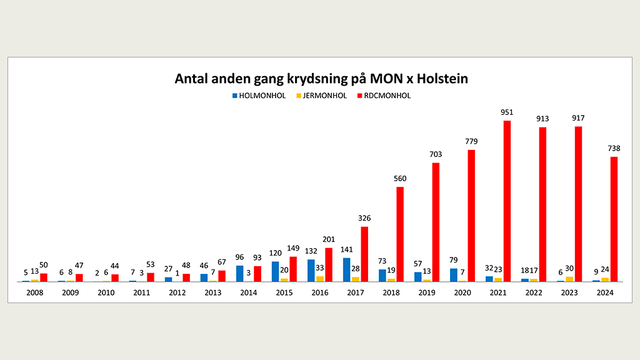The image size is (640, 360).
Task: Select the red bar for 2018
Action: coord(400,234)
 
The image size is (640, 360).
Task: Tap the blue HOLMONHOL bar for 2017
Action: coord(346,269)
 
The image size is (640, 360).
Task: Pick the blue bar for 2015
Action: coord(275,271)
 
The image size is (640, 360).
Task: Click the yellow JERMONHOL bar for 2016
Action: coord(320,279)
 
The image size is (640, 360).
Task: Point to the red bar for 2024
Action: coord(614,219)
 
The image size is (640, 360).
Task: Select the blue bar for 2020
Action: coord(453,275)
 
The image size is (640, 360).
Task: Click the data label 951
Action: coord(506,112)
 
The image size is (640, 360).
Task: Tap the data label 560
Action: coord(400,179)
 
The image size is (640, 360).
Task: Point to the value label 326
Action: coord(364,218)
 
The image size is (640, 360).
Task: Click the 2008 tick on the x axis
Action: coord(35,292)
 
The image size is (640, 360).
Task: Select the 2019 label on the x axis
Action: coord(427,292)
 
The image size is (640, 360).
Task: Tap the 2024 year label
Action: coord(605,292)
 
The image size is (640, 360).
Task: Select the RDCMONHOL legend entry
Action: coord(386,96)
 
